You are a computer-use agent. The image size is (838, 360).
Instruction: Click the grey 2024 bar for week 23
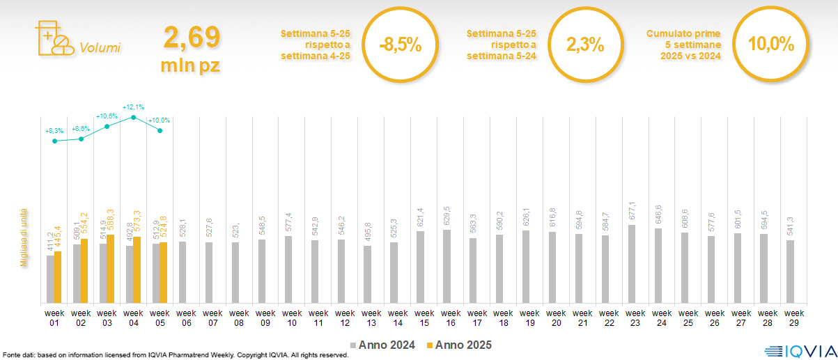point(632,264)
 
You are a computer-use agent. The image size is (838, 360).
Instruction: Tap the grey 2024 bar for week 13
point(368,274)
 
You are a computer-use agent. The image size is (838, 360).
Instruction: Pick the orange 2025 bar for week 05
point(163,272)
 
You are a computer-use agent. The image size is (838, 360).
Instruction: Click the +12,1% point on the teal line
point(134,117)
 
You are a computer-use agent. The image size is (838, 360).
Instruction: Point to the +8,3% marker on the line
point(54,141)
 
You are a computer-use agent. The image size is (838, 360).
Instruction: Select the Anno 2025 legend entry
point(460,345)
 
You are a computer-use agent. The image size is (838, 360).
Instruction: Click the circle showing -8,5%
point(401,45)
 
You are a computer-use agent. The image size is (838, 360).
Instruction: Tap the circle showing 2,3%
point(585,45)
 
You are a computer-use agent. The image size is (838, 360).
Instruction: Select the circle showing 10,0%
point(771,45)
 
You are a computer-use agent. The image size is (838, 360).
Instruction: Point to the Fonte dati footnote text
point(174,355)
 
